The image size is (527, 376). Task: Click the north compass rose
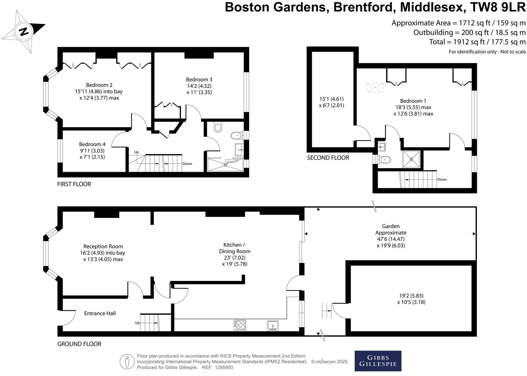point(23,32)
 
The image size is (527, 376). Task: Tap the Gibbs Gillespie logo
point(378,361)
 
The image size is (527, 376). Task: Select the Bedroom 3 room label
point(199,80)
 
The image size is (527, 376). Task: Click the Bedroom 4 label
point(92,144)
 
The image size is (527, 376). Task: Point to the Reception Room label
point(103,246)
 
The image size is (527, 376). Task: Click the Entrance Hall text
point(100,313)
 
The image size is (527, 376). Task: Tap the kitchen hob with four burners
point(240,325)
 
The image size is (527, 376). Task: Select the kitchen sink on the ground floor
point(273,325)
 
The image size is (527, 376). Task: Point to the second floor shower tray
point(411,159)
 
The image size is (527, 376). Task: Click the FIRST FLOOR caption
point(74,184)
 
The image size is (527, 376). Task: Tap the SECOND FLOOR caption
point(328,158)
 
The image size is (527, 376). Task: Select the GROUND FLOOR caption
point(79,344)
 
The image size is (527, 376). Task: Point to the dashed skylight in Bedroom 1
point(375,87)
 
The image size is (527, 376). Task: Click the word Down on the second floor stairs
point(442,179)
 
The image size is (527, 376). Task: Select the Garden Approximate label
point(391,229)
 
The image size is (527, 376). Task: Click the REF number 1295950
point(224,367)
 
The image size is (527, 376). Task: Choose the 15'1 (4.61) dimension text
point(331,99)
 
